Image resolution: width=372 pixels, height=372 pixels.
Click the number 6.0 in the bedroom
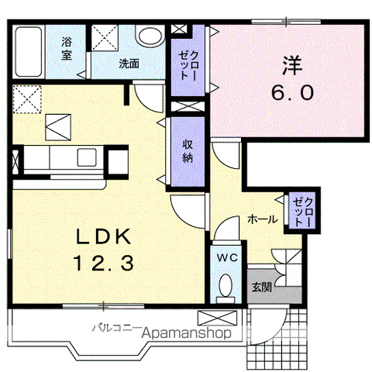coord(292,94)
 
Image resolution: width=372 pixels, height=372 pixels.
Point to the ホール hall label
coord(263,220)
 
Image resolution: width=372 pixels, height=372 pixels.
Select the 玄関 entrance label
coord(261,288)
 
